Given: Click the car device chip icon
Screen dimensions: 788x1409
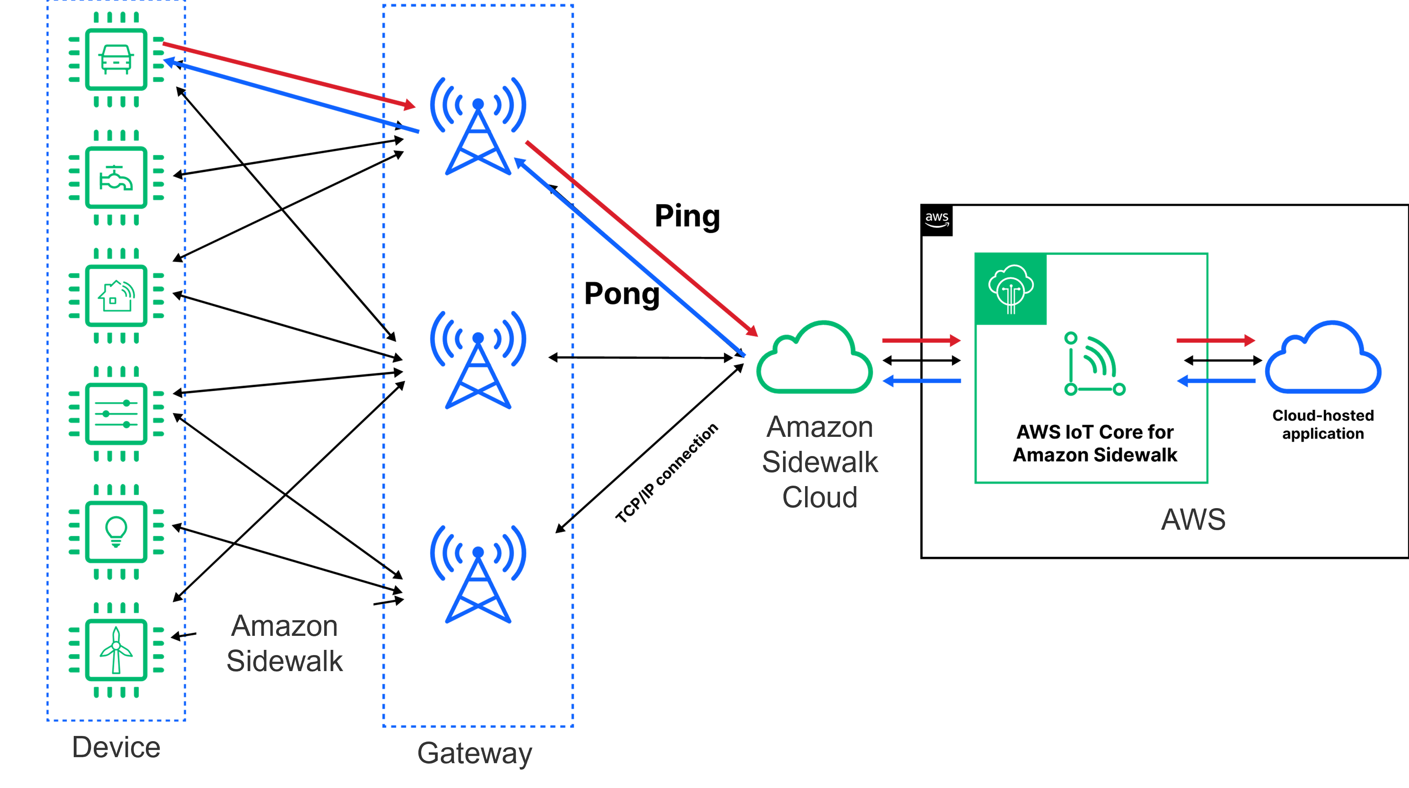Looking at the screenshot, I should coord(116,59).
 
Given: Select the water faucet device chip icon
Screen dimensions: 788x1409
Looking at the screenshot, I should coord(116,178).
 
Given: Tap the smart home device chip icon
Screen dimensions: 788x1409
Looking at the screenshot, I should coord(116,295).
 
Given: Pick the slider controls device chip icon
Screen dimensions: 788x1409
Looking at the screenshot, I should coord(116,414).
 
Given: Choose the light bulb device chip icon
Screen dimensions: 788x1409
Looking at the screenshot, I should coord(116,532).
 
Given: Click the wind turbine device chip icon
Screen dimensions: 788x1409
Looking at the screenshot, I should coord(116,650).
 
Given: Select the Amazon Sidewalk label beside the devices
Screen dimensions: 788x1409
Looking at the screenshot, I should coord(285,643).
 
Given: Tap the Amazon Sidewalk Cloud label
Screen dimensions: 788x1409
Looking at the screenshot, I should coord(820,461).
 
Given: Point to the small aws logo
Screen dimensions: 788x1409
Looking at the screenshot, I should coord(937,219).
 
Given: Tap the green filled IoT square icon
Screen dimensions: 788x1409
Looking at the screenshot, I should coord(1011,289).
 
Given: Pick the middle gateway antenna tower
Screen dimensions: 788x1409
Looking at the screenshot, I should coord(478,361).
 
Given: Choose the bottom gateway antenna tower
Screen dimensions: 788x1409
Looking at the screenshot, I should coord(478,575).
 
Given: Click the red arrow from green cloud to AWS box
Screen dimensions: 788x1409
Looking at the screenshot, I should coord(921,340).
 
